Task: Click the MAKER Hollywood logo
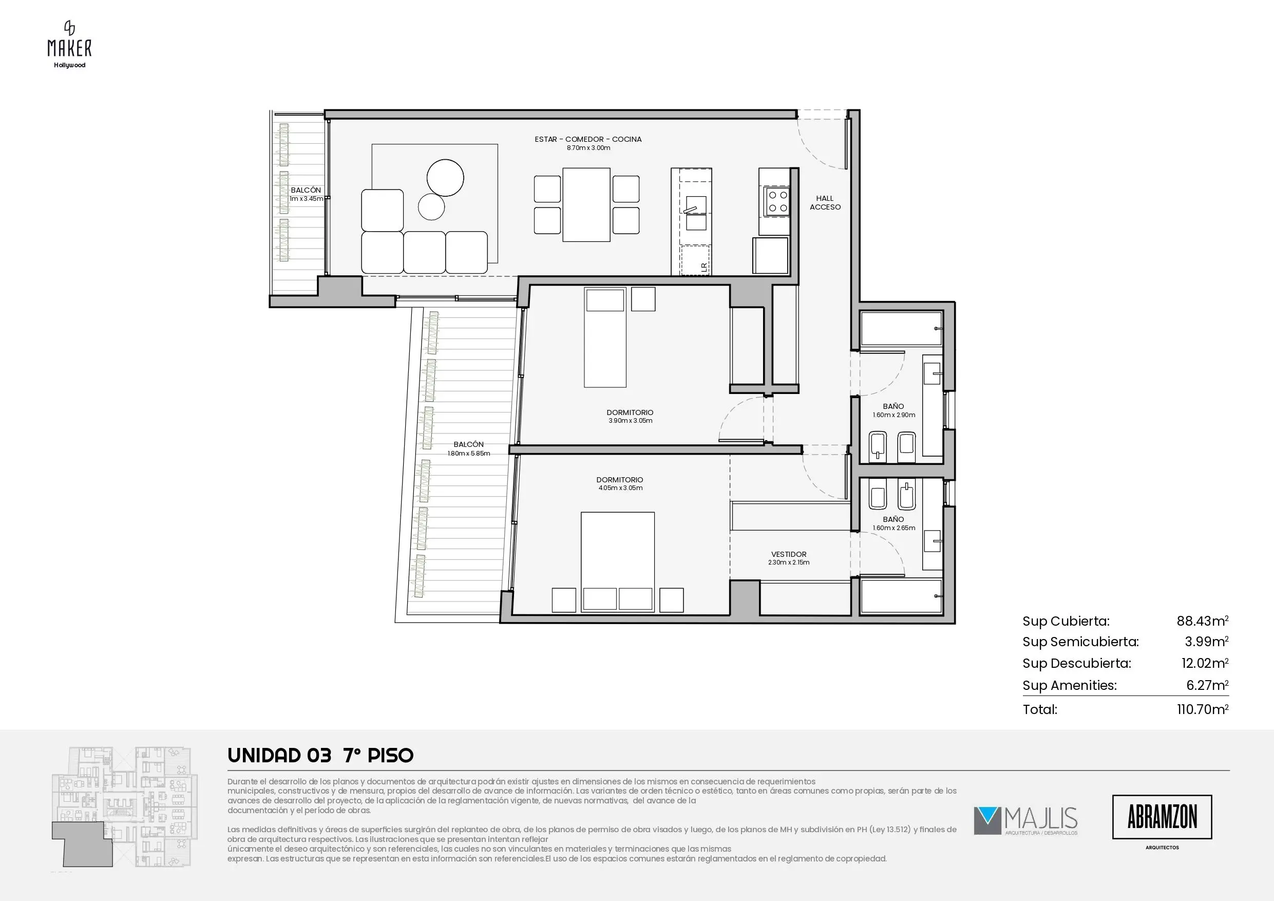pyautogui.click(x=69, y=44)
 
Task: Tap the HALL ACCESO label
pyautogui.click(x=825, y=202)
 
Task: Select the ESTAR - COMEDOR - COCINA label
pyautogui.click(x=588, y=139)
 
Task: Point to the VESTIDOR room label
pyautogui.click(x=788, y=554)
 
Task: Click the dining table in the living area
pyautogui.click(x=586, y=205)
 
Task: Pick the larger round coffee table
pyautogui.click(x=445, y=178)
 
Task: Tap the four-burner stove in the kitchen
pyautogui.click(x=776, y=201)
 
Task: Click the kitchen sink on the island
pyautogui.click(x=696, y=213)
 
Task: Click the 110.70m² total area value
pyautogui.click(x=1203, y=708)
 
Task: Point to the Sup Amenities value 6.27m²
pyautogui.click(x=1207, y=685)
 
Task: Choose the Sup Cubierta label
pyautogui.click(x=1066, y=621)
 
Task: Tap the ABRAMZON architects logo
pyautogui.click(x=1162, y=817)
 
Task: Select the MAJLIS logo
pyautogui.click(x=1025, y=820)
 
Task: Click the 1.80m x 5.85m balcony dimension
pyautogui.click(x=469, y=453)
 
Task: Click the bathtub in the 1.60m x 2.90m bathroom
pyautogui.click(x=901, y=329)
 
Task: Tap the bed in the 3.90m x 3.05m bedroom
pyautogui.click(x=605, y=337)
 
